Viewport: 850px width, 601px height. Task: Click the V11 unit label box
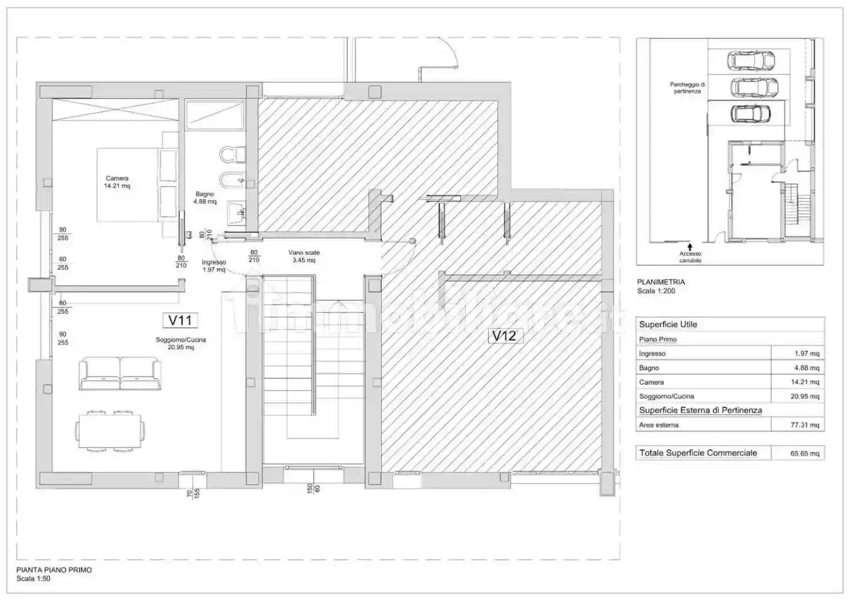180,320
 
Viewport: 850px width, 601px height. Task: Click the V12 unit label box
504,336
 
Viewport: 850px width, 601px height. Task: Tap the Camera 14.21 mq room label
117,182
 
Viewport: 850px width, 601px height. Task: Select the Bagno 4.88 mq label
204,198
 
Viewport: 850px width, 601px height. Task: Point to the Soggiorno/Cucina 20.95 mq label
180,343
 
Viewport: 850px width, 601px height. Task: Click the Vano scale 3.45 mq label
303,256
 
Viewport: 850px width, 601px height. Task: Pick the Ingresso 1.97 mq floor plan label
214,266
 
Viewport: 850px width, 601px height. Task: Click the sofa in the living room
120,374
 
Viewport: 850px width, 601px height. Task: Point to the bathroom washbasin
236,213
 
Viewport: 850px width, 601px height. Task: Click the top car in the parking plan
750,60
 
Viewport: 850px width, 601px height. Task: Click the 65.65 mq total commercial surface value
804,453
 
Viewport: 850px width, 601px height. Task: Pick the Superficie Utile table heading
668,324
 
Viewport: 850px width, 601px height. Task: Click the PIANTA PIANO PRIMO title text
54,570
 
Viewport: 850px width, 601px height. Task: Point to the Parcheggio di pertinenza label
687,88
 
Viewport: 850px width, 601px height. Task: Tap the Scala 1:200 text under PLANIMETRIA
656,291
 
